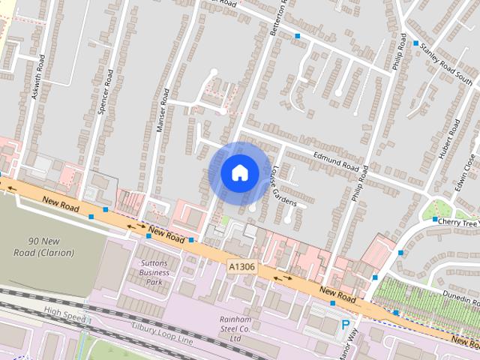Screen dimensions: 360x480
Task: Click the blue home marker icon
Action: point(239,173)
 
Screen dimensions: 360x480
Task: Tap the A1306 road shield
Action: point(241,265)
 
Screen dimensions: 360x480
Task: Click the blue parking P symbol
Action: point(346,325)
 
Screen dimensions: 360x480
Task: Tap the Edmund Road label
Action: point(335,162)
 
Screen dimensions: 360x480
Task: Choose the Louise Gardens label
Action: point(284,186)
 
